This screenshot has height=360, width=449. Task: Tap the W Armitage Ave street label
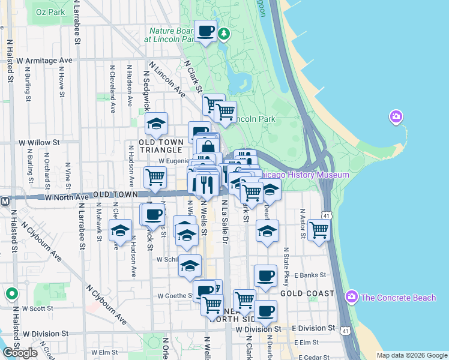point(44,61)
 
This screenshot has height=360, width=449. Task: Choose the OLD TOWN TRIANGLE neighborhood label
point(160,146)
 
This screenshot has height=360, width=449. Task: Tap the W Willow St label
point(39,143)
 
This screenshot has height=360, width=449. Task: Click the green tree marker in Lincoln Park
point(224,33)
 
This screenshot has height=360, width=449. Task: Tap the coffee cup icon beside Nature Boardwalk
point(205,31)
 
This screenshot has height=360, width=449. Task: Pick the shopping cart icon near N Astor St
point(319,229)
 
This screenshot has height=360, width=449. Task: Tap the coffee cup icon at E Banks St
point(265,275)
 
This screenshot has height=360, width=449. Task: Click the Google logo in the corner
point(20,353)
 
